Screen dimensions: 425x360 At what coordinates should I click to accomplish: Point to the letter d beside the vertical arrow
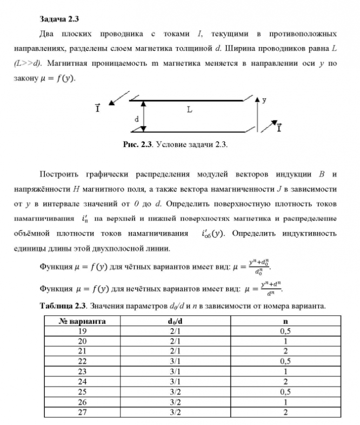click(x=136, y=118)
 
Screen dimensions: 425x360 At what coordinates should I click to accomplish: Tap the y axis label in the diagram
click(x=264, y=100)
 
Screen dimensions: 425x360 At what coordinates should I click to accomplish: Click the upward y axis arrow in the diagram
click(x=258, y=115)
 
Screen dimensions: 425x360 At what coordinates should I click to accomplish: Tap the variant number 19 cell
click(x=82, y=331)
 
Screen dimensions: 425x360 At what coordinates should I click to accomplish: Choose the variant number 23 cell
click(x=82, y=371)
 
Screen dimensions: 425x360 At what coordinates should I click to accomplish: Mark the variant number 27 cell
click(x=82, y=413)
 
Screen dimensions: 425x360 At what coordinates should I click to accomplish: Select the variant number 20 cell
click(x=82, y=342)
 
